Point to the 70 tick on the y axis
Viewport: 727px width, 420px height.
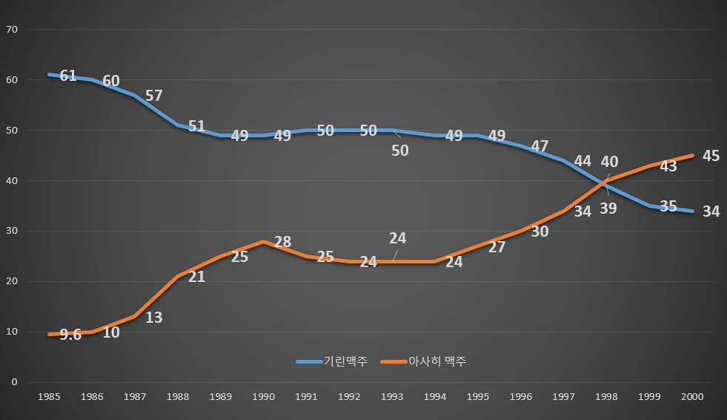[11, 30]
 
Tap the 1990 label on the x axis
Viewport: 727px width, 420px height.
[263, 397]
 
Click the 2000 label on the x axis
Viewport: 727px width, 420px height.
[692, 397]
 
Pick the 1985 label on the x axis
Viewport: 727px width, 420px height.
[49, 397]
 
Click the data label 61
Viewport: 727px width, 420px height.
[68, 76]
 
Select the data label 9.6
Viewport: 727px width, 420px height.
[70, 335]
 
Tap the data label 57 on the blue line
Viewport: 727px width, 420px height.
[153, 96]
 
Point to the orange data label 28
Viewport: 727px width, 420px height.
[282, 242]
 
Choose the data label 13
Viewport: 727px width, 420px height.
[153, 318]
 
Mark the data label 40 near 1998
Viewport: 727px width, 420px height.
[609, 162]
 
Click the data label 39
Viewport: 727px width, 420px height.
[608, 209]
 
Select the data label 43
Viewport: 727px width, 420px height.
[668, 167]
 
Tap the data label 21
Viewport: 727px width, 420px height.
[196, 277]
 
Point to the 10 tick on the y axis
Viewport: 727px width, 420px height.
[11, 332]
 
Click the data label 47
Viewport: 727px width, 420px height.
[540, 147]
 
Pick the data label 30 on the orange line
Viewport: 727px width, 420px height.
[540, 232]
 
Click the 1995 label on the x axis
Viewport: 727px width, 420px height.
[478, 397]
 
